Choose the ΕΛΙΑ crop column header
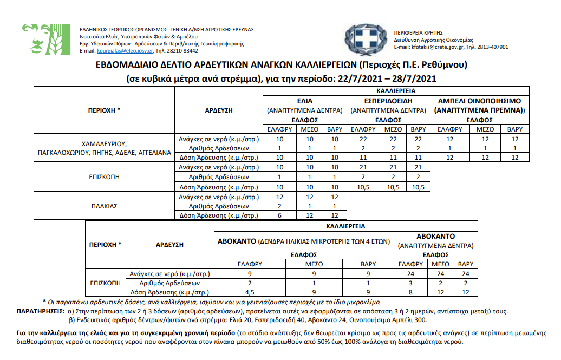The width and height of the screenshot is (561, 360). pyautogui.click(x=305, y=101)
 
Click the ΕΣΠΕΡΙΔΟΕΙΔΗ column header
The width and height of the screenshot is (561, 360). pyautogui.click(x=387, y=101)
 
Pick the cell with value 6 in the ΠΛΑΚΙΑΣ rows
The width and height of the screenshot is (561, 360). pyautogui.click(x=279, y=215)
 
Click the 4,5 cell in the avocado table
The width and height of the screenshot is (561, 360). pyautogui.click(x=250, y=292)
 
